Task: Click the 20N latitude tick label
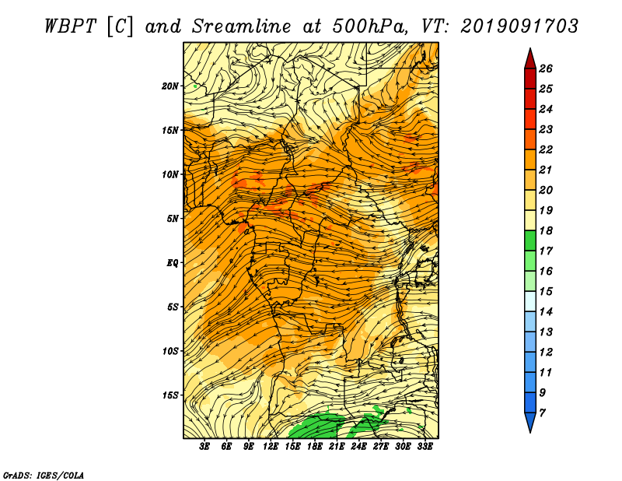click(x=170, y=86)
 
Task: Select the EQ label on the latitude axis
click(x=173, y=263)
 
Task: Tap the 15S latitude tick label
click(x=170, y=395)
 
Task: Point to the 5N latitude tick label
click(x=173, y=219)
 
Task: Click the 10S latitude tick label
click(x=170, y=351)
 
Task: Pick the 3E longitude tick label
click(x=204, y=447)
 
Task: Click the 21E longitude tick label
click(x=337, y=447)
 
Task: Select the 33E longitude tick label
click(x=425, y=447)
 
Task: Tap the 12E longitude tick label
click(x=270, y=447)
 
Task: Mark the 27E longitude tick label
click(x=381, y=447)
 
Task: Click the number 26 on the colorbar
click(x=546, y=68)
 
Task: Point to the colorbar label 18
click(x=546, y=230)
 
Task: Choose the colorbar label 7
click(x=542, y=413)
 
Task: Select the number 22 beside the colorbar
click(x=546, y=149)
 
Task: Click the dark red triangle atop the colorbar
click(x=530, y=59)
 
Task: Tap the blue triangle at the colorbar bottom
click(x=530, y=423)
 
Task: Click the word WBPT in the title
click(x=70, y=26)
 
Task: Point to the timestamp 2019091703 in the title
click(x=519, y=26)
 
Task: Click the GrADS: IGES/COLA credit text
click(x=44, y=476)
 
